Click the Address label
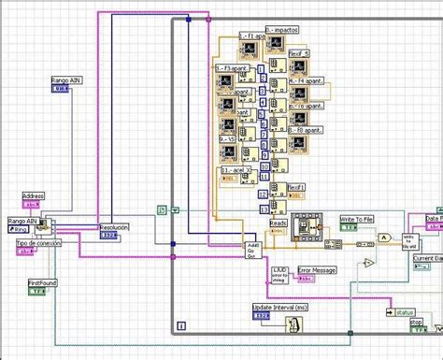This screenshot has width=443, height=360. (33, 196)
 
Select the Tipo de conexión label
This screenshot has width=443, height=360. (38, 243)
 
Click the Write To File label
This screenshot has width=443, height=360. (355, 218)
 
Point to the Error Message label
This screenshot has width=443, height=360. (316, 269)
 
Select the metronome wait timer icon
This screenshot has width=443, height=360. (293, 324)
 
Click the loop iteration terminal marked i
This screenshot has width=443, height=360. (180, 325)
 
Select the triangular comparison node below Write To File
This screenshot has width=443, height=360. (368, 264)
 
